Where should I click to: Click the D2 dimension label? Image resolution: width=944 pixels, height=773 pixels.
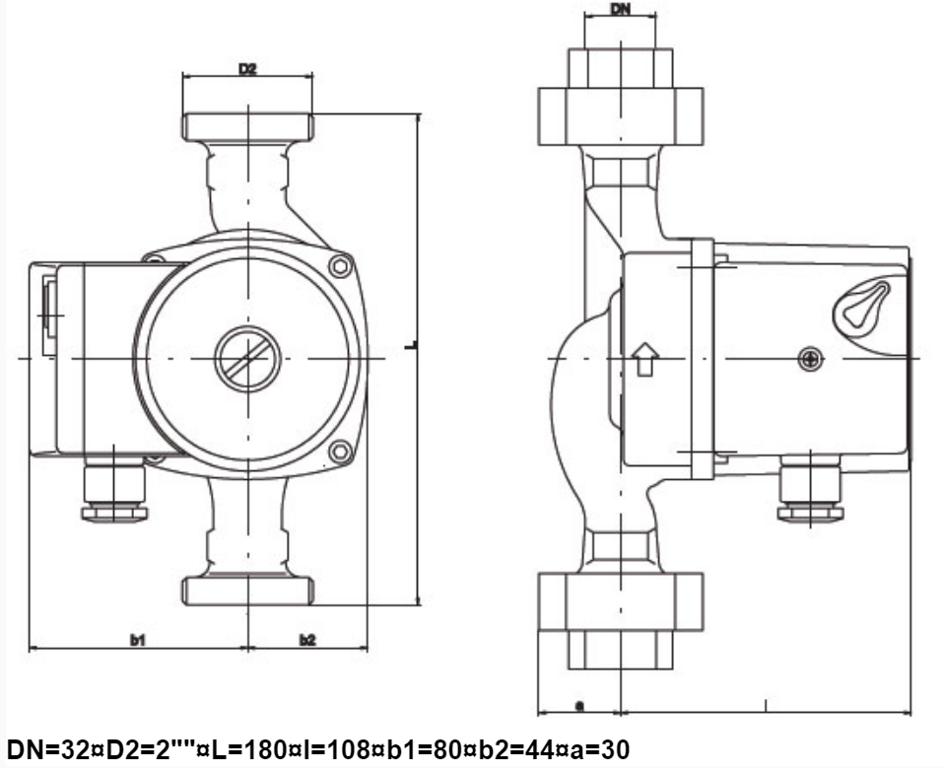tap(247, 69)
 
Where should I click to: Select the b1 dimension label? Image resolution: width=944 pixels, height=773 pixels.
tap(138, 640)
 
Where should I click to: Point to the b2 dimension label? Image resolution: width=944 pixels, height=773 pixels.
tap(307, 640)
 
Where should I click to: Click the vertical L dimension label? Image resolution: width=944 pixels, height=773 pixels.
tap(412, 345)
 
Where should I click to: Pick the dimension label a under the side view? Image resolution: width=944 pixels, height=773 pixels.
tap(579, 706)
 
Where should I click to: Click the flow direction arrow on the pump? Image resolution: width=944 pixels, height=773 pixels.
tap(644, 359)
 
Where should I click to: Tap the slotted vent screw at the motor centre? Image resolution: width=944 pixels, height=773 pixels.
tap(247, 359)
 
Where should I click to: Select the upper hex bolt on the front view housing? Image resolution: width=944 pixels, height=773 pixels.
tap(340, 265)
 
